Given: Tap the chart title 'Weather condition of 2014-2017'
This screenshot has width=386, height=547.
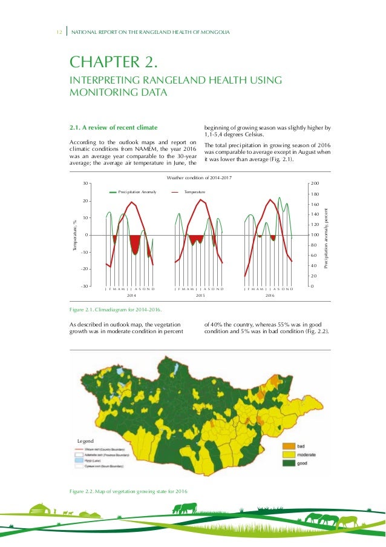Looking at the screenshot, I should (200, 177).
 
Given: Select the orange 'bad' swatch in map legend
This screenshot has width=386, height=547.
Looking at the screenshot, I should (289, 445).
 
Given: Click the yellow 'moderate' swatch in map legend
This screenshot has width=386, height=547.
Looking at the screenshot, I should (289, 454).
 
